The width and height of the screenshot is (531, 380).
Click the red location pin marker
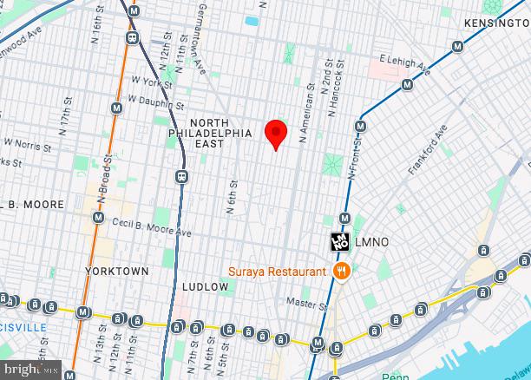point(276,133)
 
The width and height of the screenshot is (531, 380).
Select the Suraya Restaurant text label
point(278,271)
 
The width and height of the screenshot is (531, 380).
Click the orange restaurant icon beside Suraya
point(342,271)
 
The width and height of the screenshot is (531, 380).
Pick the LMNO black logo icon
point(339,242)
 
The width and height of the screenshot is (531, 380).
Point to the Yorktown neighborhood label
point(117,271)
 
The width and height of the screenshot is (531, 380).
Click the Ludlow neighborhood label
point(205,286)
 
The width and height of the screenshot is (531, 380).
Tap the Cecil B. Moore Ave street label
point(151,227)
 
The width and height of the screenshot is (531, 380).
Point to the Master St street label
point(309,304)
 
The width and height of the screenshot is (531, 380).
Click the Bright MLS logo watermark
point(30,369)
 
